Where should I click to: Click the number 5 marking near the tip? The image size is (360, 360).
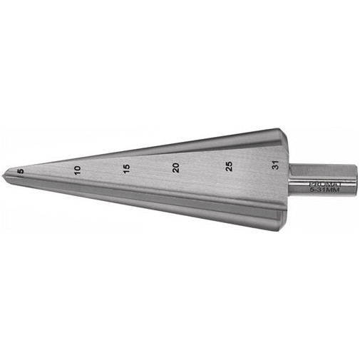coord(21,171)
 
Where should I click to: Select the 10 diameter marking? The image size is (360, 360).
coord(78,170)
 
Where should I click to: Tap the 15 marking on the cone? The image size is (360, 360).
coord(127,169)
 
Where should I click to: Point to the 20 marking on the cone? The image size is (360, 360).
coord(176,168)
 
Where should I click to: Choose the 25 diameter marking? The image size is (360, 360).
coord(229,166)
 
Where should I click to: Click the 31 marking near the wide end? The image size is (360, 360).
coord(275,165)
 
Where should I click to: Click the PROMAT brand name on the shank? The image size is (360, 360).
coord(324,184)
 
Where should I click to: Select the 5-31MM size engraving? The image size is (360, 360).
coord(324,190)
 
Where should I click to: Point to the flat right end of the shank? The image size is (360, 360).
coord(356,180)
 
